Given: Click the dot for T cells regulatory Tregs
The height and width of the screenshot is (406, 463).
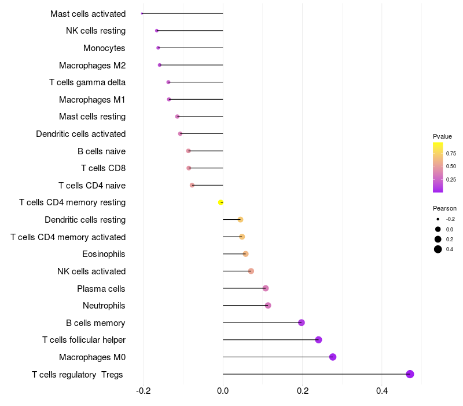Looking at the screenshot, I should pyautogui.click(x=410, y=374).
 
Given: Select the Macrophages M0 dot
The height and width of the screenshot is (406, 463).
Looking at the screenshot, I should pyautogui.click(x=333, y=357).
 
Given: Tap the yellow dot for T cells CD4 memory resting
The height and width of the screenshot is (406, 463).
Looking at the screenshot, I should pyautogui.click(x=221, y=202).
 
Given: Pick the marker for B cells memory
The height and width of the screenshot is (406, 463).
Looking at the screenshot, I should pyautogui.click(x=301, y=322).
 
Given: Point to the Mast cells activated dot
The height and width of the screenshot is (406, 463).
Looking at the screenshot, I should pyautogui.click(x=142, y=13).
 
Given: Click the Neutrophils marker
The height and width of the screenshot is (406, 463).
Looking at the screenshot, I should pyautogui.click(x=267, y=305).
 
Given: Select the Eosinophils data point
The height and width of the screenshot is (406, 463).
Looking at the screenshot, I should pyautogui.click(x=245, y=254).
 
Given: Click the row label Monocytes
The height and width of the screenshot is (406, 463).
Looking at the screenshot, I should pyautogui.click(x=104, y=48).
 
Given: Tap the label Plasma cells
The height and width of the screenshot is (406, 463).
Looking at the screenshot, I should pyautogui.click(x=101, y=289).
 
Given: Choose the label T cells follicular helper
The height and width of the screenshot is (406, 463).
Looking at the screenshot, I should pyautogui.click(x=84, y=340).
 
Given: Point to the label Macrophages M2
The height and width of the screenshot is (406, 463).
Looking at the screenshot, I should pyautogui.click(x=92, y=66).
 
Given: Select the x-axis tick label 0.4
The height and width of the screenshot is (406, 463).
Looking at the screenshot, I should pyautogui.click(x=381, y=390).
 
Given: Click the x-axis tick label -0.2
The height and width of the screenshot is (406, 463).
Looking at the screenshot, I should pyautogui.click(x=144, y=390).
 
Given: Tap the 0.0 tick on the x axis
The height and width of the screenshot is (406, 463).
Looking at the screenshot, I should pyautogui.click(x=223, y=390).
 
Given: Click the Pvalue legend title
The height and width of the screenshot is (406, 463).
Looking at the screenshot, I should pyautogui.click(x=442, y=136).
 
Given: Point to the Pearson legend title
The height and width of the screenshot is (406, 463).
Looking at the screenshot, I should pyautogui.click(x=444, y=208).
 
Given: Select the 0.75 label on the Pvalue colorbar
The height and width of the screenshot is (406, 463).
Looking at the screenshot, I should pyautogui.click(x=451, y=154).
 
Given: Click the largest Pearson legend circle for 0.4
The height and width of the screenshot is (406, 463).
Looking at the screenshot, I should pyautogui.click(x=438, y=249).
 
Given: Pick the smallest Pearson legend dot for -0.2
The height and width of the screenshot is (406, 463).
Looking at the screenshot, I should pyautogui.click(x=438, y=219).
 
